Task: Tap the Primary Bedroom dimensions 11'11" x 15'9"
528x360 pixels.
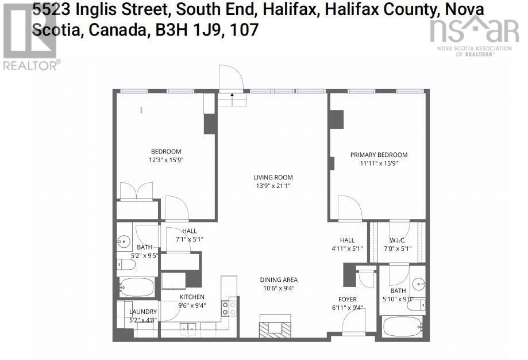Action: click(x=379, y=163)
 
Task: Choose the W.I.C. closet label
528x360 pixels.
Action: click(x=397, y=240)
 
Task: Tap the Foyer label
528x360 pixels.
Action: click(x=347, y=299)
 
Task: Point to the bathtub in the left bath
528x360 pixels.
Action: click(x=137, y=287)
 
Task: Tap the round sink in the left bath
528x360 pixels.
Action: click(x=124, y=241)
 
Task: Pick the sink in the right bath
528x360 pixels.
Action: click(x=420, y=284)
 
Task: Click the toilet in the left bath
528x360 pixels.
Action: click(x=126, y=265)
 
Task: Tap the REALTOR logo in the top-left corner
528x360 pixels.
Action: click(x=30, y=36)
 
